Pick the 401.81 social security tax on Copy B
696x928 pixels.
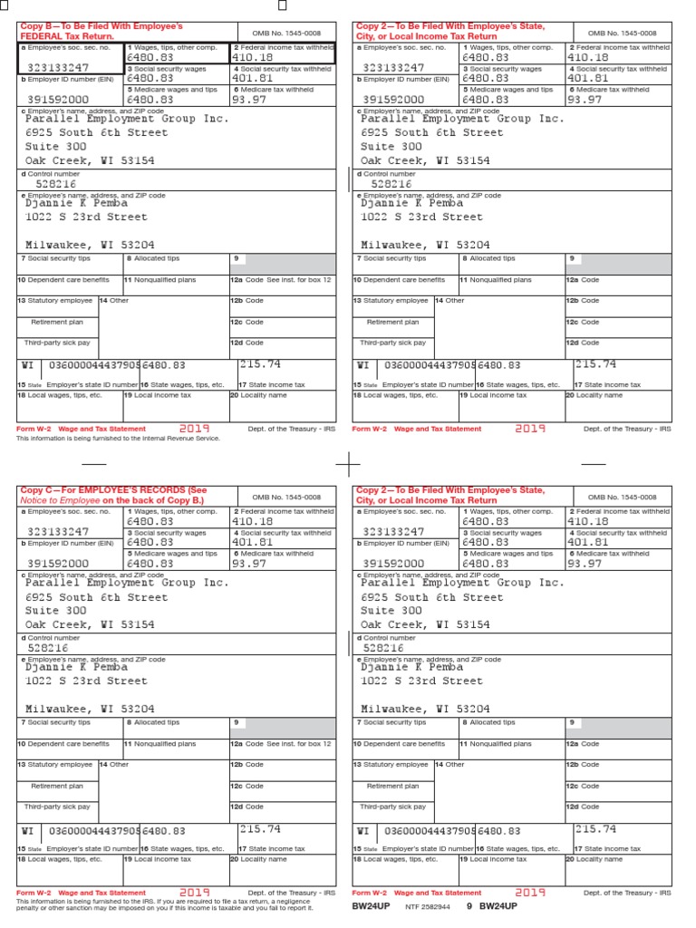[253, 78]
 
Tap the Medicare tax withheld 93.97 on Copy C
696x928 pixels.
[250, 563]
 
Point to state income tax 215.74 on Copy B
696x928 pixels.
[260, 363]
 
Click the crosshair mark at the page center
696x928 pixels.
[348, 464]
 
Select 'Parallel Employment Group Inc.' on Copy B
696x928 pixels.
[127, 119]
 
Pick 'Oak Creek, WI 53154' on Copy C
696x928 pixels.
[90, 624]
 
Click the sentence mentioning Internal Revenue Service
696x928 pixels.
[118, 438]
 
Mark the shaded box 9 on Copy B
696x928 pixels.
[283, 264]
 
